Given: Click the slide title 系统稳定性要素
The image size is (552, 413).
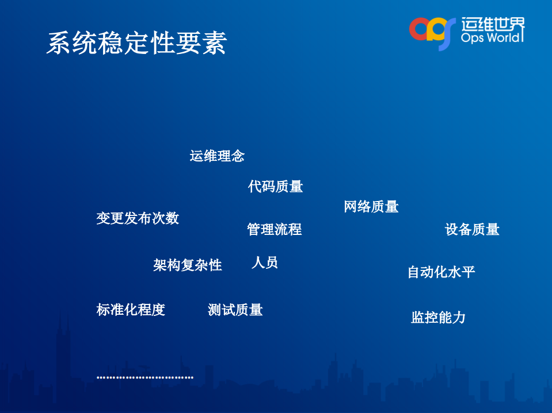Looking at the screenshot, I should tap(136, 43).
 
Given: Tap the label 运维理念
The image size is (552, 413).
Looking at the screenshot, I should tap(217, 156).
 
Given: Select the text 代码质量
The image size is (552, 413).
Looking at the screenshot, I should tap(275, 186).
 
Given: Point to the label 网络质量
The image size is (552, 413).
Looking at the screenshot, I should tap(371, 207).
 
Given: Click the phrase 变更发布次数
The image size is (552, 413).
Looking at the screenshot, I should tap(138, 218).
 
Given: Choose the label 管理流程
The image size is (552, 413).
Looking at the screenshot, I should tap(274, 229).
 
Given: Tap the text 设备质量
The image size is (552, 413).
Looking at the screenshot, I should tap(472, 230).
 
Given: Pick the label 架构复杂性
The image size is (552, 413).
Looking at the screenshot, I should tap(188, 265).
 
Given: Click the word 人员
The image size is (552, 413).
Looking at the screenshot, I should tap(265, 263).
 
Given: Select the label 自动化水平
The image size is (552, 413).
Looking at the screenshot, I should tap(441, 272).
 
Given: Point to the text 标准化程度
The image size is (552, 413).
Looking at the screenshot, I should tap(131, 310).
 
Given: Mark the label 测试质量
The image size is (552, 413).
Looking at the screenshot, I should tap(235, 310).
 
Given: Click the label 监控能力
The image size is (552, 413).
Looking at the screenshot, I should tap(438, 317).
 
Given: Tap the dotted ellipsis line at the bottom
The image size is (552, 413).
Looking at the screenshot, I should tap(144, 377).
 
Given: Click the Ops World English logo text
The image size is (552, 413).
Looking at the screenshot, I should tap(492, 37).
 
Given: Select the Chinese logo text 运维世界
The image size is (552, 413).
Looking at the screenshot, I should tap(493, 24).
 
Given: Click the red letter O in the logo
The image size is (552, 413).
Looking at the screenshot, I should tap(420, 29).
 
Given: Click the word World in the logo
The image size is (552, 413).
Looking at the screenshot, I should tap(504, 37).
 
